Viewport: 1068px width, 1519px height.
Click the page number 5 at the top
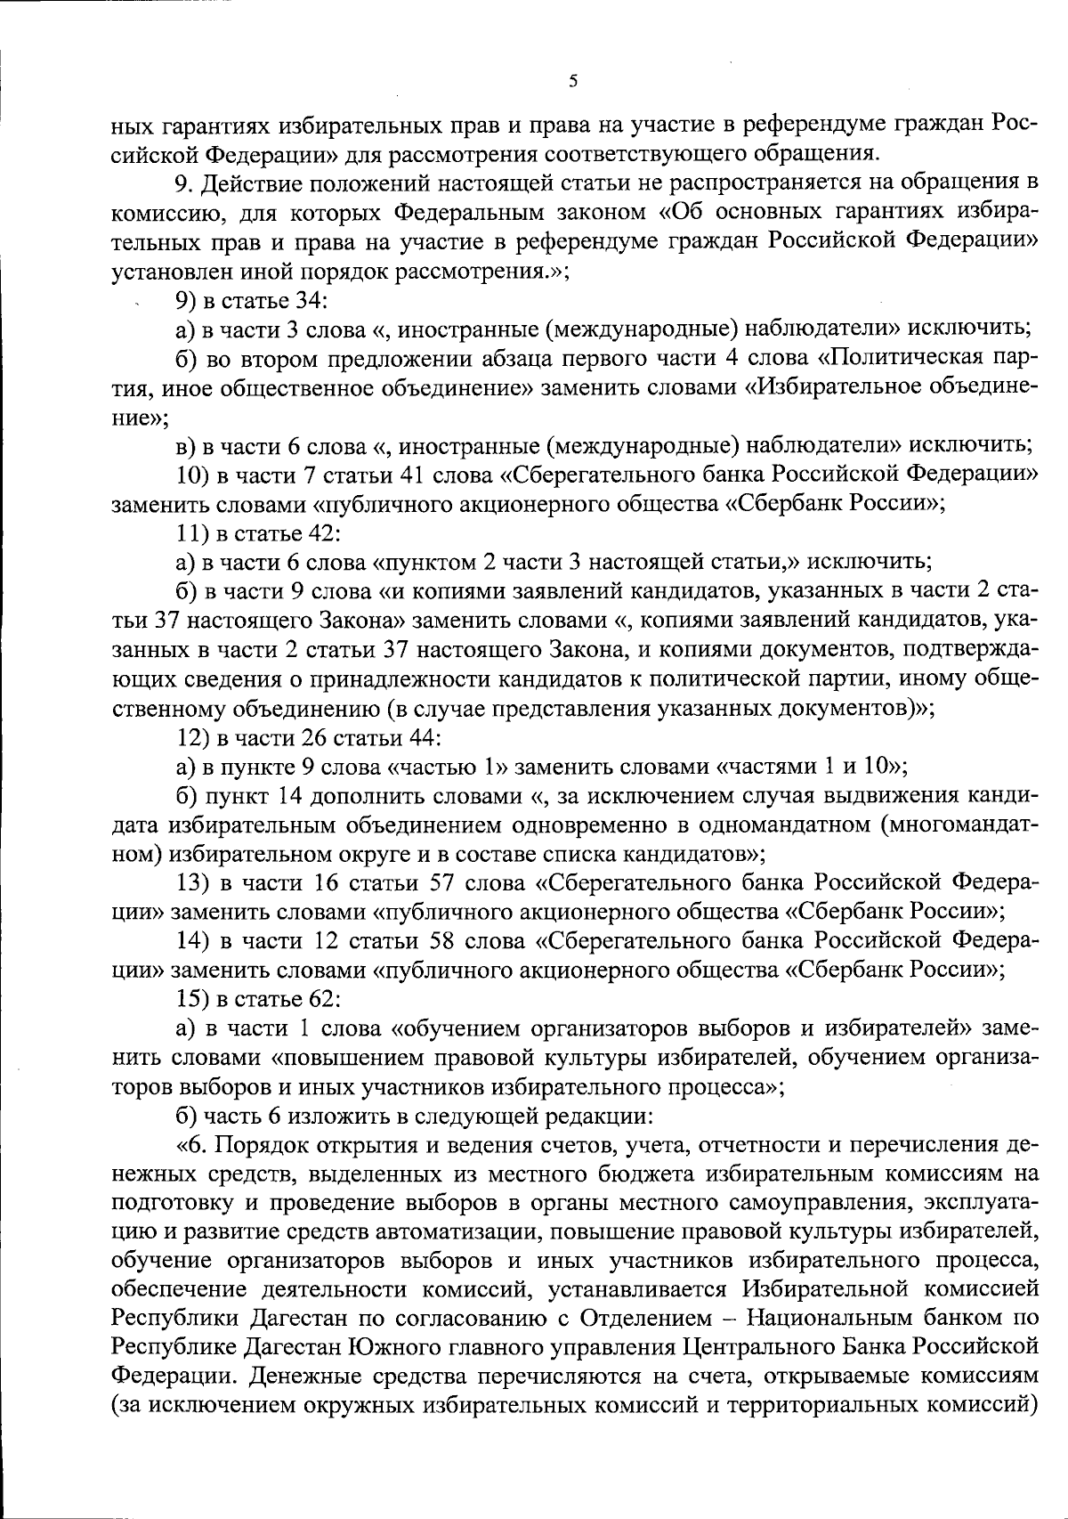click(x=572, y=81)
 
